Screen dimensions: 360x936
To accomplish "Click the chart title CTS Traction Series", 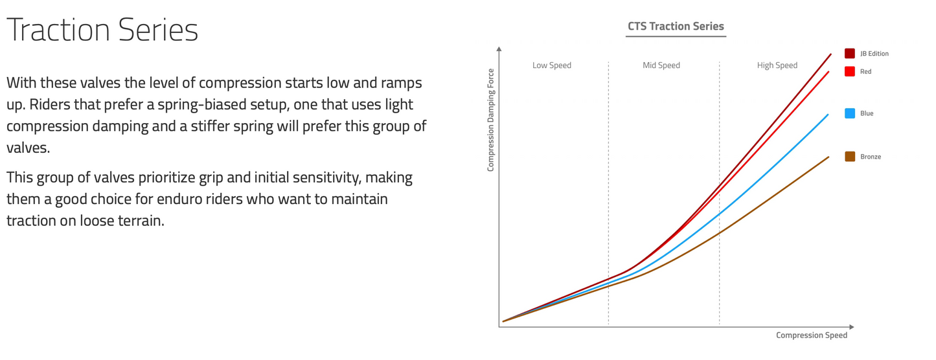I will tap(676, 27).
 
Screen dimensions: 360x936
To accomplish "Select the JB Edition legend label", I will tap(874, 54).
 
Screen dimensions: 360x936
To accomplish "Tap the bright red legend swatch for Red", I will tap(849, 71).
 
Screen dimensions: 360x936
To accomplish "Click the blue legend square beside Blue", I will tap(849, 113).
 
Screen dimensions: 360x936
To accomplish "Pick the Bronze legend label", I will tap(870, 157).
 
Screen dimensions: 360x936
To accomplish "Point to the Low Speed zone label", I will tap(551, 65).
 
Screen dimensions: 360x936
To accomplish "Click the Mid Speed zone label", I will tap(661, 65).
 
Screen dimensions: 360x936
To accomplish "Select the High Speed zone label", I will tap(777, 65).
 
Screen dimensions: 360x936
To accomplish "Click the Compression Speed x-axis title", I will tap(811, 335).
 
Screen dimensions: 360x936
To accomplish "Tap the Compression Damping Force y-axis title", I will tap(490, 120).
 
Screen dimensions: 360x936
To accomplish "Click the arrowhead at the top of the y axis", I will tap(499, 49).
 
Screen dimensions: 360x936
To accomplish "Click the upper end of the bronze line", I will tap(828, 157).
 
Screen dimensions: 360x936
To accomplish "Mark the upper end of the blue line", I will tap(828, 115).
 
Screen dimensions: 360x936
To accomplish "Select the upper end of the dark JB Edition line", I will tap(830, 54).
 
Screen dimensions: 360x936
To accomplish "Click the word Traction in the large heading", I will tap(58, 30).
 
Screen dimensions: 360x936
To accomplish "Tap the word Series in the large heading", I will tap(158, 30).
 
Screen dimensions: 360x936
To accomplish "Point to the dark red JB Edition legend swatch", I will tap(849, 53).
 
